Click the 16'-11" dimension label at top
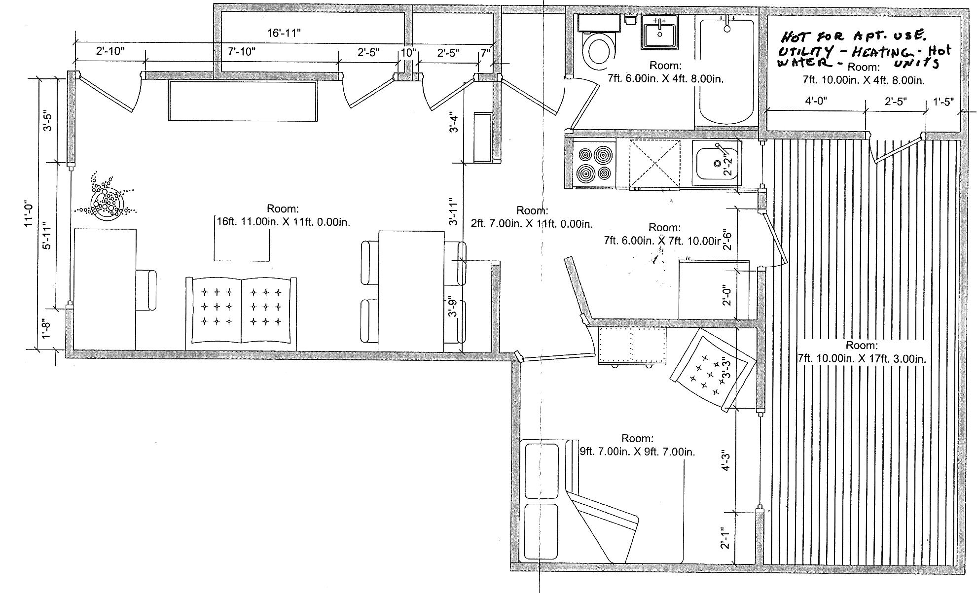[284, 34]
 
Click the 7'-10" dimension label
[242, 51]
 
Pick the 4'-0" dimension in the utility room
[816, 101]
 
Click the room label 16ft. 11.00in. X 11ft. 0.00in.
[283, 222]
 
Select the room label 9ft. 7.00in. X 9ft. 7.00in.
[637, 451]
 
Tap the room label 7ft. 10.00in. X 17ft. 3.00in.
[862, 359]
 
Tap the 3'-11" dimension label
[454, 212]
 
